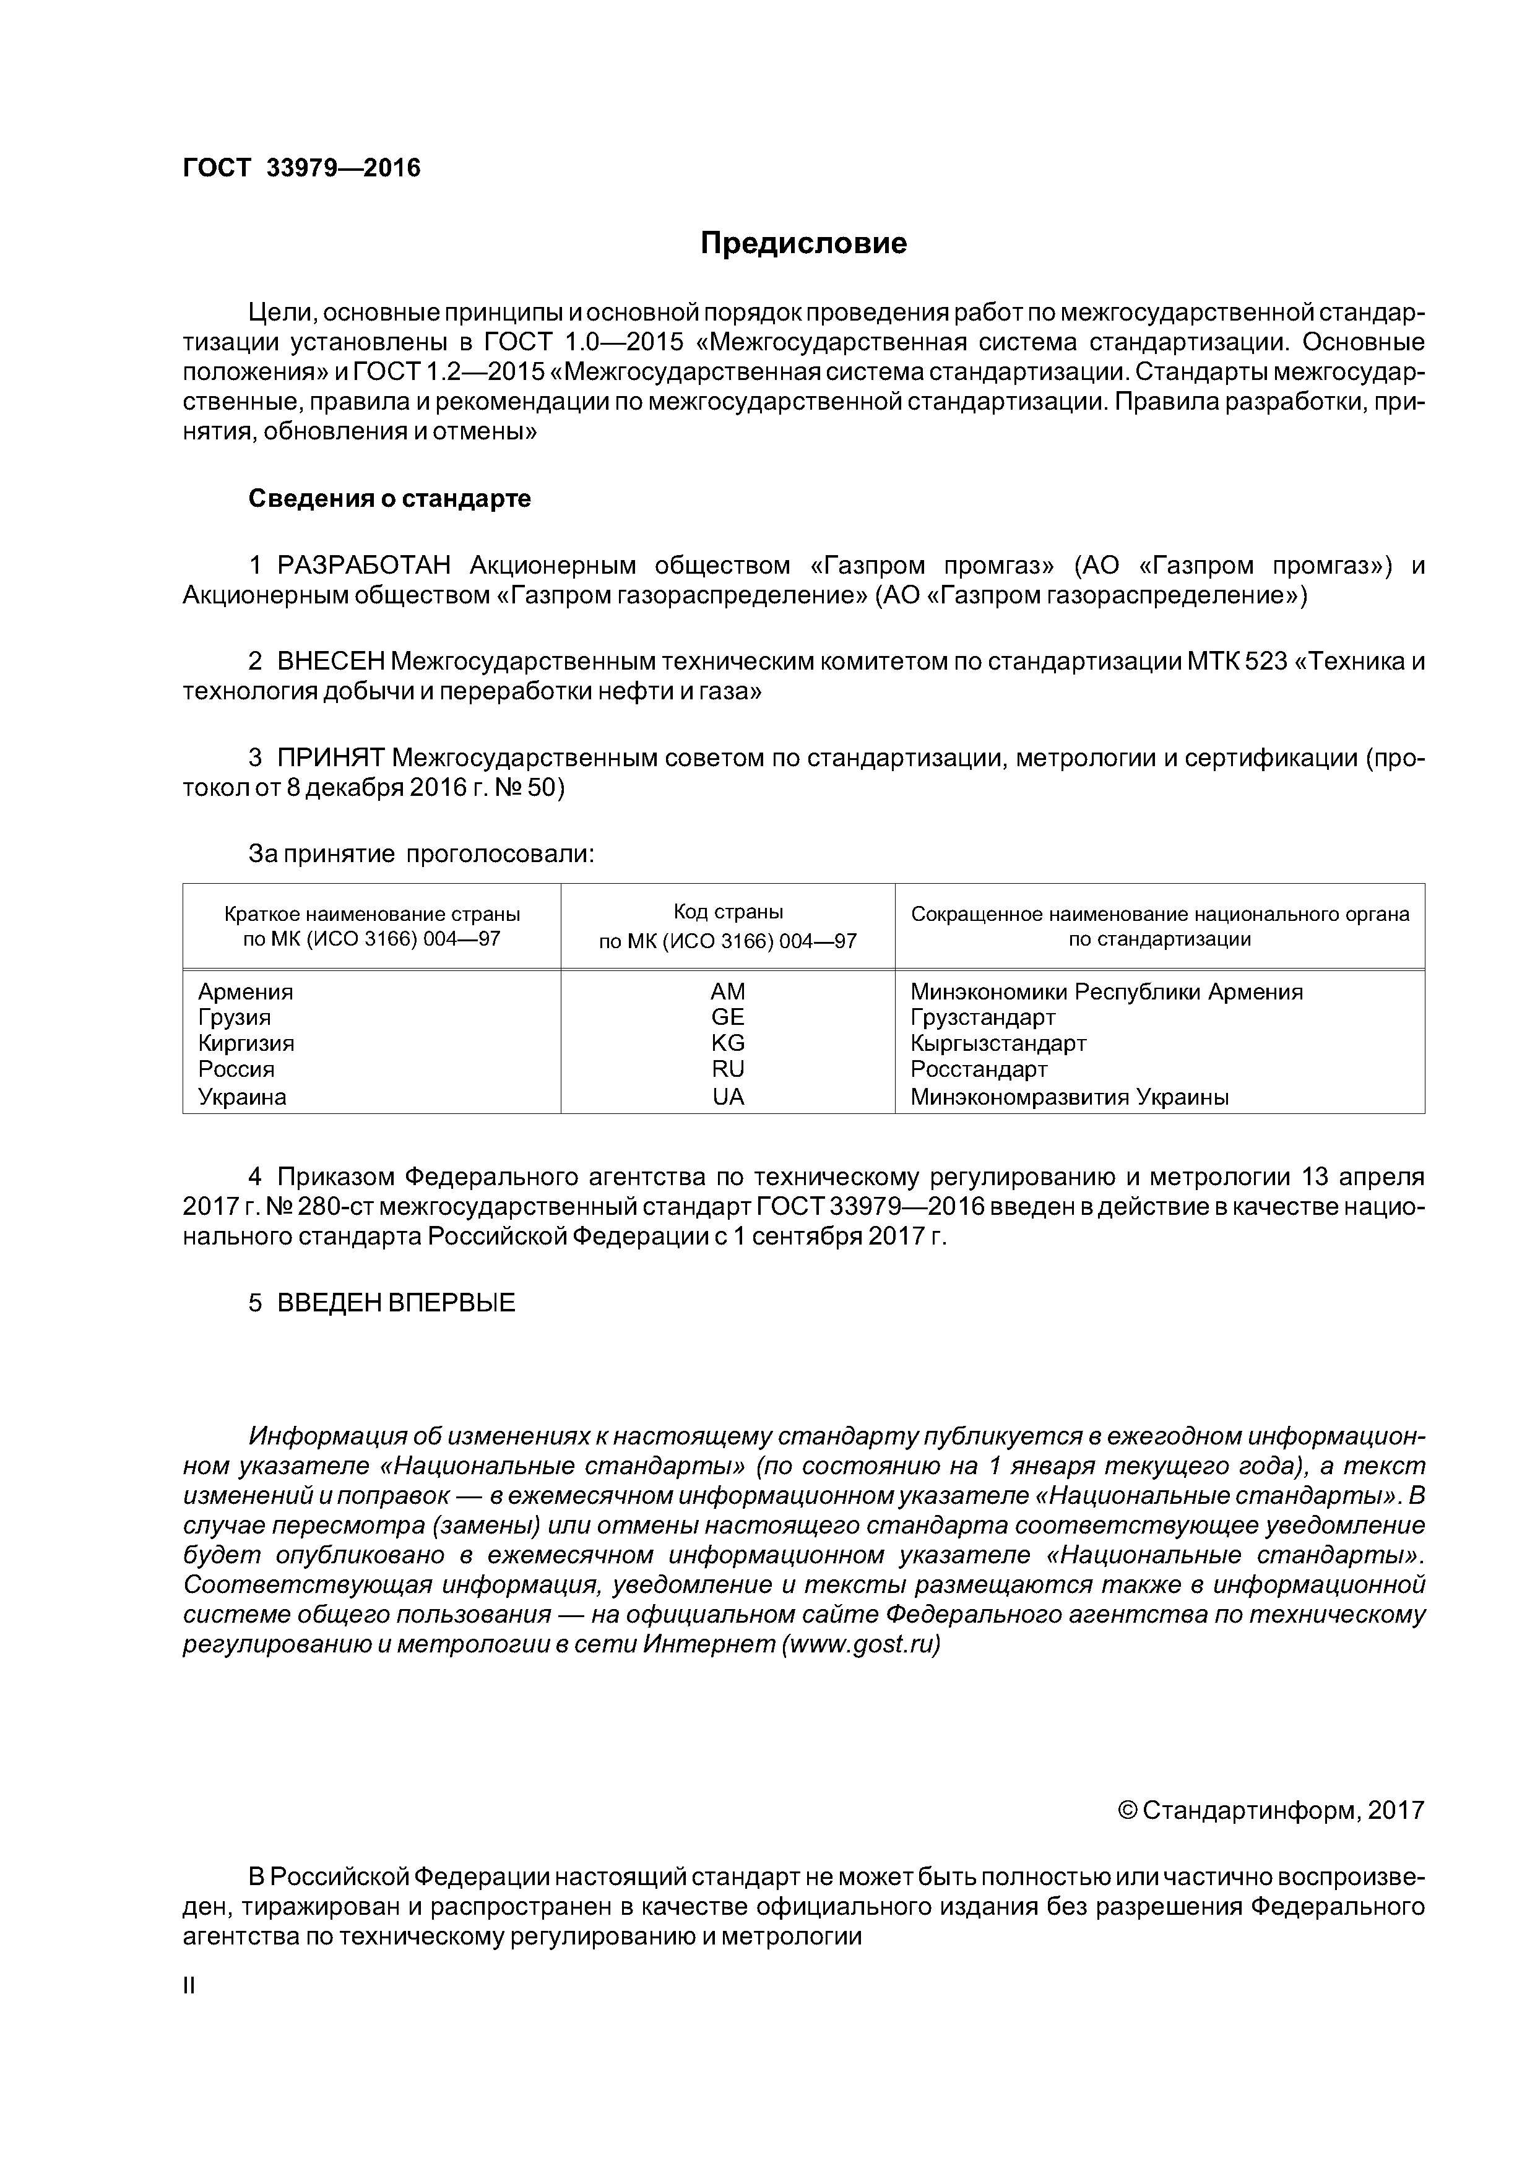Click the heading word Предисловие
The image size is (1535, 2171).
pos(803,244)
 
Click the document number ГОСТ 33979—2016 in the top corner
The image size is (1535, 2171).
pos(301,168)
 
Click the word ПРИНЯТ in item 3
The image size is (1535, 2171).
pos(330,757)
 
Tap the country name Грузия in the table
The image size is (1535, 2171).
pos(235,1017)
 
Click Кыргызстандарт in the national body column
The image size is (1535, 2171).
pos(998,1043)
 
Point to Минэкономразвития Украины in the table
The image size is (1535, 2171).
pos(1069,1097)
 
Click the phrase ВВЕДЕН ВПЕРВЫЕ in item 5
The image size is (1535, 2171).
pos(396,1302)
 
